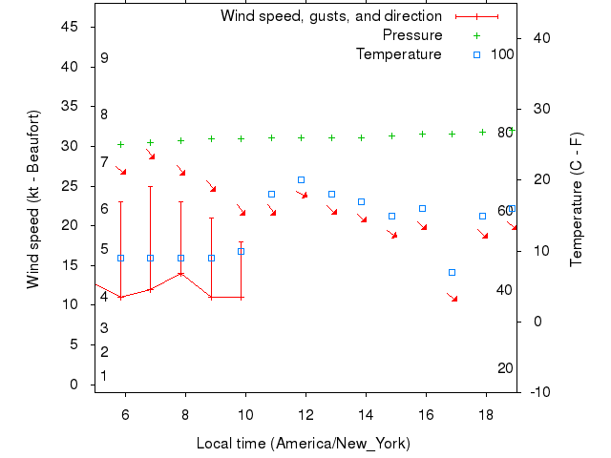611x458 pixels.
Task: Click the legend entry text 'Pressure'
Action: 412,35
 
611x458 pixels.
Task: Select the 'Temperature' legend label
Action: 399,54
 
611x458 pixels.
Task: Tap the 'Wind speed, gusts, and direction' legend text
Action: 331,16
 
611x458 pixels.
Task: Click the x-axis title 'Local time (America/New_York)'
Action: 304,444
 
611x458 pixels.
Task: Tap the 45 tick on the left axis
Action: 70,27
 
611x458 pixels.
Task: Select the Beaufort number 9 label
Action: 104,58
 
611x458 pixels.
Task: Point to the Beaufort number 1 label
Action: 104,376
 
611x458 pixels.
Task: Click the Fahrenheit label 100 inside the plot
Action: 503,54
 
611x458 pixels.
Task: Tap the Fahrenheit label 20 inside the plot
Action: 506,368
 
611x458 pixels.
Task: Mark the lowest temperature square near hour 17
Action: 453,273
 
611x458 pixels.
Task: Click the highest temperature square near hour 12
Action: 302,179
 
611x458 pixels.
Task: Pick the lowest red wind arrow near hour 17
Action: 453,299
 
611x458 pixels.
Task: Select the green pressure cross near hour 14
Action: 362,137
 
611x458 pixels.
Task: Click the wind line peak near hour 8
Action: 180,273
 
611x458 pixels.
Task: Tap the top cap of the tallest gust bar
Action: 151,186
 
